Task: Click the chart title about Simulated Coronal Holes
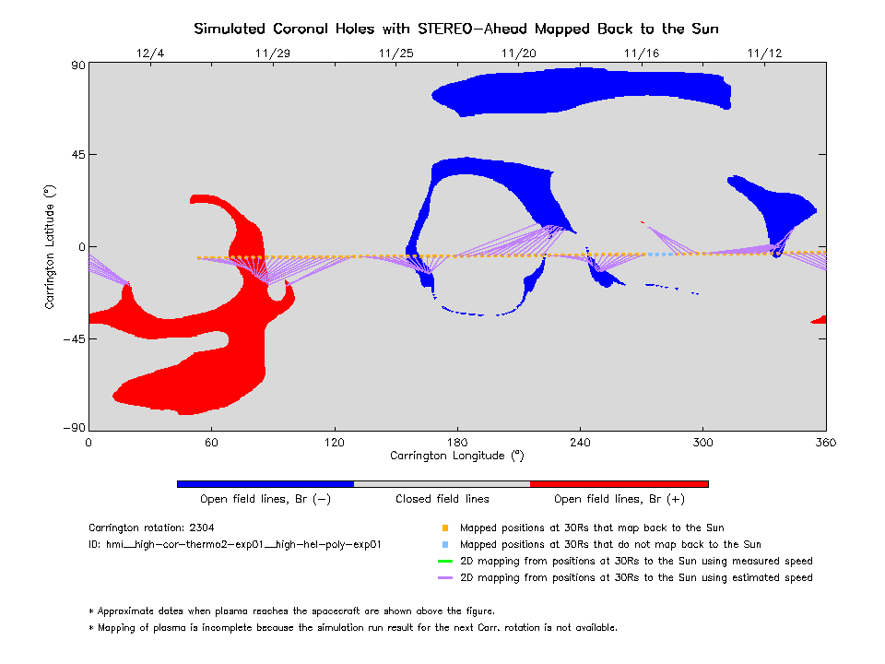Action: tap(456, 29)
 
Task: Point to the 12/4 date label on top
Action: tap(149, 53)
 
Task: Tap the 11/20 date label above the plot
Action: tap(518, 53)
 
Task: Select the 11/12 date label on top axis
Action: tap(765, 53)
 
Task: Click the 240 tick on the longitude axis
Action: tap(580, 443)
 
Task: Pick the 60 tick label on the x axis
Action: tap(211, 443)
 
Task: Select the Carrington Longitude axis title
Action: tap(456, 456)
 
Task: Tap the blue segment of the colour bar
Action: tap(265, 483)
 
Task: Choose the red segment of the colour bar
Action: tap(619, 483)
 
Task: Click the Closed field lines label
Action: tap(442, 499)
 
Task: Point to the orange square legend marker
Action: tap(445, 528)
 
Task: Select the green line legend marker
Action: tap(445, 561)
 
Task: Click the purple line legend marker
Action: tap(445, 577)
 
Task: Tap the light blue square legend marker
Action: tap(445, 545)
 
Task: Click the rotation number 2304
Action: tap(199, 528)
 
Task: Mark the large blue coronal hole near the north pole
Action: tap(581, 92)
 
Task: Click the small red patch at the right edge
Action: tap(820, 320)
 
